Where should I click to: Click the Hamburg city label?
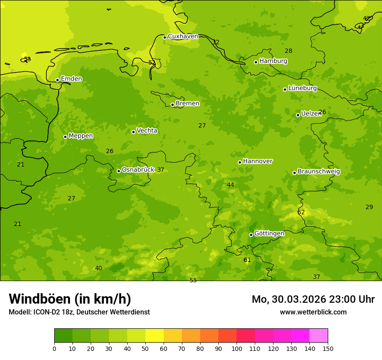(273, 61)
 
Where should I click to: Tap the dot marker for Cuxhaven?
(165, 37)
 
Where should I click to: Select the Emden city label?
(71, 79)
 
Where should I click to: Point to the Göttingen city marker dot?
(251, 235)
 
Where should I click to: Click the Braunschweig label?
(319, 172)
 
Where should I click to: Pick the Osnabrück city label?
(138, 170)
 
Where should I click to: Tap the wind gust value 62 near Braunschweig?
(301, 213)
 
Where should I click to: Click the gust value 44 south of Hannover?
(231, 185)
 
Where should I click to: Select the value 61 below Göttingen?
(247, 260)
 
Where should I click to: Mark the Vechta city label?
(147, 131)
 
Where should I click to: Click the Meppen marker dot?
(65, 137)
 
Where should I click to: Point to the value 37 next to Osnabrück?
(161, 170)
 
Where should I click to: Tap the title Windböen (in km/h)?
(70, 299)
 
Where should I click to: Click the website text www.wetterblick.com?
(313, 312)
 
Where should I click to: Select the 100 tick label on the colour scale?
(237, 348)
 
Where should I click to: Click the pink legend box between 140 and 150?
(318, 336)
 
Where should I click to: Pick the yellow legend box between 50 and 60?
(154, 336)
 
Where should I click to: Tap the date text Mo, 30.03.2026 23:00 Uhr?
(313, 299)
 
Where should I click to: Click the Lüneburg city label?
(302, 88)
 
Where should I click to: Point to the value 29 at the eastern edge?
(369, 207)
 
